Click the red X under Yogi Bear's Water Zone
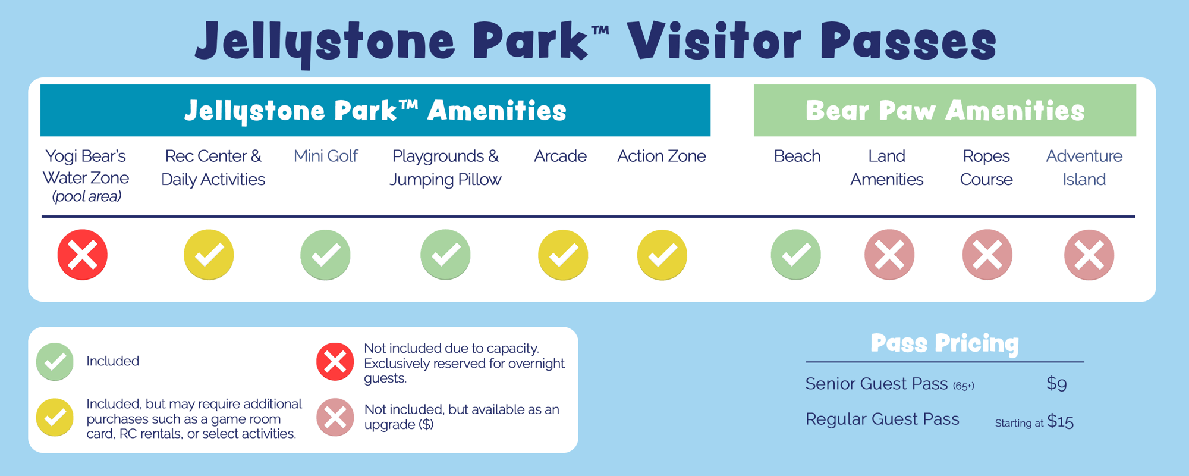(x=83, y=255)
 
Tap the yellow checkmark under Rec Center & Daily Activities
(x=209, y=255)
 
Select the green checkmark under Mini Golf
(x=325, y=255)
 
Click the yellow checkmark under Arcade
(x=563, y=255)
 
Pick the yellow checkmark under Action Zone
(x=662, y=255)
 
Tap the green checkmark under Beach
(x=796, y=255)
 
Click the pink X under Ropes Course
(x=987, y=255)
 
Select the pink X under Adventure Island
(x=1089, y=255)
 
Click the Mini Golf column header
(x=325, y=156)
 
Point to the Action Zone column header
(x=661, y=156)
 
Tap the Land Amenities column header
(x=886, y=167)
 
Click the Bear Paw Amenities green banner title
(x=945, y=111)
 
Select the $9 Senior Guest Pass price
(x=1056, y=384)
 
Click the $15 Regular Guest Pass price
(x=1060, y=422)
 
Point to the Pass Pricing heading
(x=945, y=343)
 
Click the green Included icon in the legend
(x=55, y=361)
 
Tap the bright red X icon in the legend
(x=335, y=361)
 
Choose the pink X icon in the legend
(x=335, y=417)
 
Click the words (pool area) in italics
(x=87, y=196)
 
